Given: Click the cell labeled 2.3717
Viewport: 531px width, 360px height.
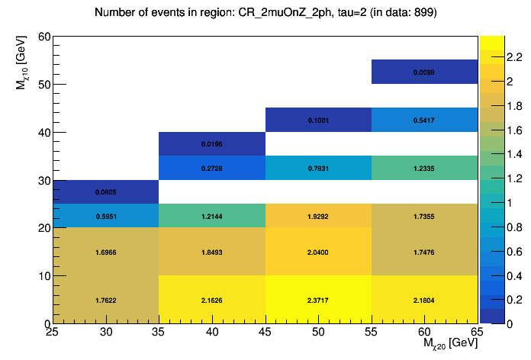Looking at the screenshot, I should (318, 300).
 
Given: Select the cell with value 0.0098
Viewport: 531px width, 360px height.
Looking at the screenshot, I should (424, 72).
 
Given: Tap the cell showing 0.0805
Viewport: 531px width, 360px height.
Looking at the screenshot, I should (105, 192).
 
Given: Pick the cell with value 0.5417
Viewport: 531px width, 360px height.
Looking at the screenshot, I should (424, 120).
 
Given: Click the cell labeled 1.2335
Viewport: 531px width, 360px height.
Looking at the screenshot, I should (424, 168).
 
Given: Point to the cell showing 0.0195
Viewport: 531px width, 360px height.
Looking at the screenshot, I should (212, 144).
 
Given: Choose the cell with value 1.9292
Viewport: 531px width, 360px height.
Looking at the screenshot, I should (318, 216).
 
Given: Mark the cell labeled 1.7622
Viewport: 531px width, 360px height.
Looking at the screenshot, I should (105, 300).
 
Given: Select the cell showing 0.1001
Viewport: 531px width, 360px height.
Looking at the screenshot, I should (318, 120).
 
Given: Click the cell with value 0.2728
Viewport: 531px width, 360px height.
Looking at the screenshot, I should (212, 168).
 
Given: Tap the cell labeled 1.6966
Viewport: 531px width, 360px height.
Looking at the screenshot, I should (105, 252).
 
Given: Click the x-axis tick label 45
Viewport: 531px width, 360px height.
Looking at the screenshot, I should (265, 333).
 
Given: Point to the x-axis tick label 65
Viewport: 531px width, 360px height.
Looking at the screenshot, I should (476, 333).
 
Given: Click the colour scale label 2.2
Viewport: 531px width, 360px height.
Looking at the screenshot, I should (504, 56).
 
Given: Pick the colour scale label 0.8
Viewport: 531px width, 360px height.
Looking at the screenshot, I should (504, 227).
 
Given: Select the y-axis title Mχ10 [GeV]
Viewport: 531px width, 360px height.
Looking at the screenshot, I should (24, 68).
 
